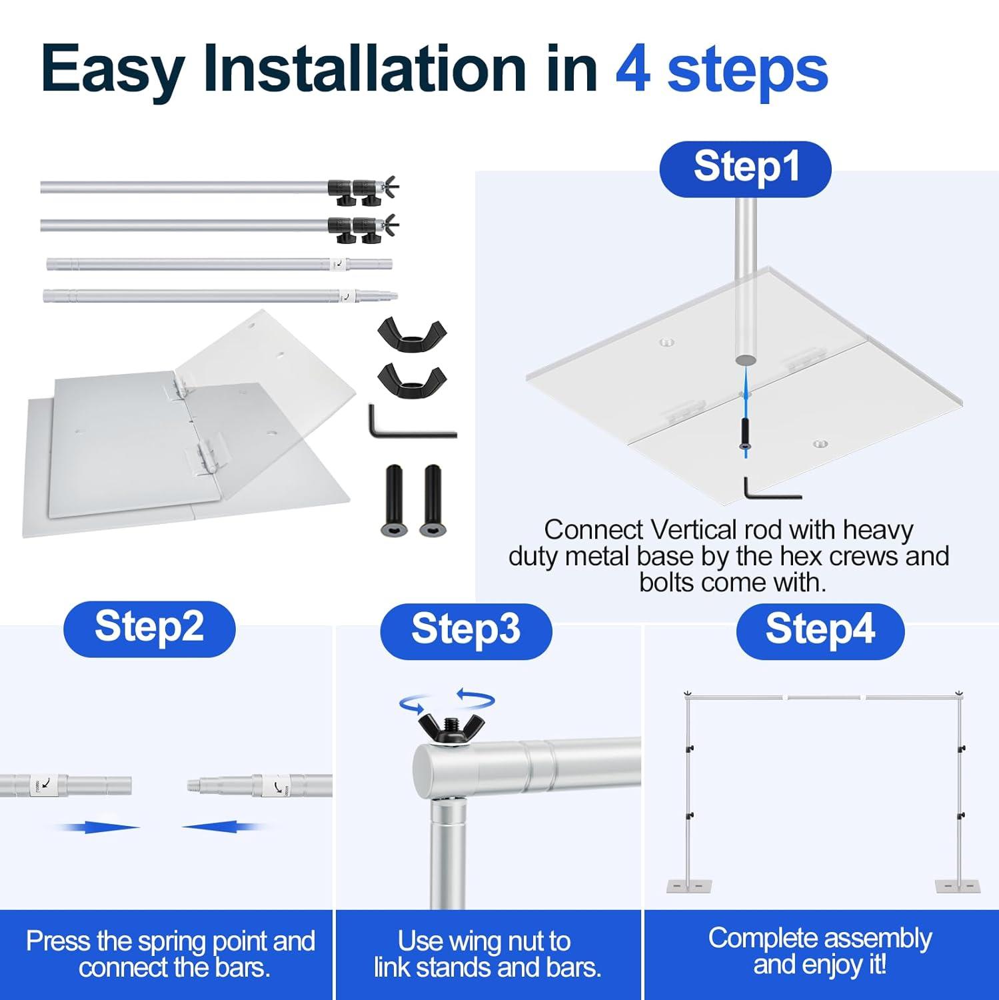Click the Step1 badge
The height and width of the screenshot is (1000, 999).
(x=745, y=169)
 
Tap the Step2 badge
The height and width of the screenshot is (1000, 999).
(x=149, y=629)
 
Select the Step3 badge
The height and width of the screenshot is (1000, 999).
(x=466, y=631)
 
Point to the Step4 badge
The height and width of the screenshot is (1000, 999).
(x=820, y=631)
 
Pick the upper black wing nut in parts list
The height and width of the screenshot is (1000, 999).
(x=412, y=331)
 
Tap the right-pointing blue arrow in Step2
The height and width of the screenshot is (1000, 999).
(x=98, y=827)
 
